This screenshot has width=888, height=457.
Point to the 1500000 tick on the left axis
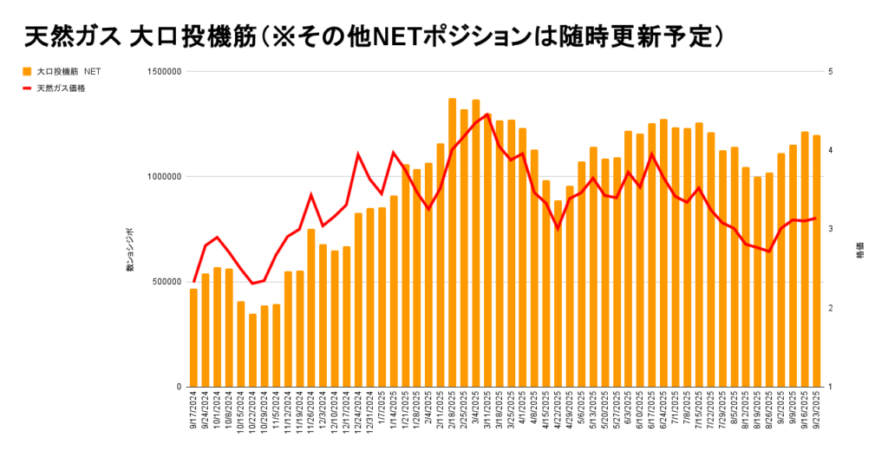(163, 72)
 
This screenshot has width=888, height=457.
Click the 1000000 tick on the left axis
(163, 177)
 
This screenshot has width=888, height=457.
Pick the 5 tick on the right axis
(831, 72)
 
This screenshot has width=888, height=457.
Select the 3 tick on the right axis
(831, 230)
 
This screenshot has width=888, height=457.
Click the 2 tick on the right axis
(831, 309)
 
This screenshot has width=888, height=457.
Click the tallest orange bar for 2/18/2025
(452, 243)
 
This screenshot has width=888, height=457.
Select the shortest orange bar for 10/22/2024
(252, 350)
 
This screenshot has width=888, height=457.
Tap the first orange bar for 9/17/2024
(193, 338)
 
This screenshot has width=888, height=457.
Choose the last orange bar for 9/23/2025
(816, 260)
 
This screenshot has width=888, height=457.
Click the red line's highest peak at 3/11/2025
(487, 114)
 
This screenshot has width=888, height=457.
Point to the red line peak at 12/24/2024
(358, 154)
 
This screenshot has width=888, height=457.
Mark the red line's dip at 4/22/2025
(558, 228)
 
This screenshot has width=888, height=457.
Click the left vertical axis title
(130, 251)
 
